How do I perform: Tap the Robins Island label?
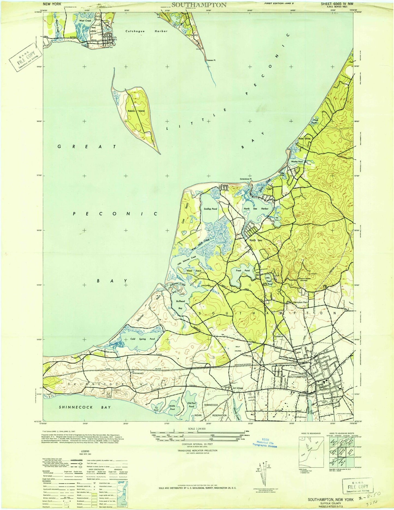pos(136,111)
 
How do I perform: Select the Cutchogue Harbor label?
pos(146,31)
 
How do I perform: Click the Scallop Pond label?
pos(210,209)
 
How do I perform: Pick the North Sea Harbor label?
pos(256,209)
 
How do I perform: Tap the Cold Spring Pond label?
pos(143,339)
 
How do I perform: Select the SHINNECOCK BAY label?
pos(85,407)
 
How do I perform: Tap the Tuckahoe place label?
pos(278,336)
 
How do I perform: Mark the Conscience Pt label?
pos(245,179)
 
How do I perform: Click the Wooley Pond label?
pos(297,162)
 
